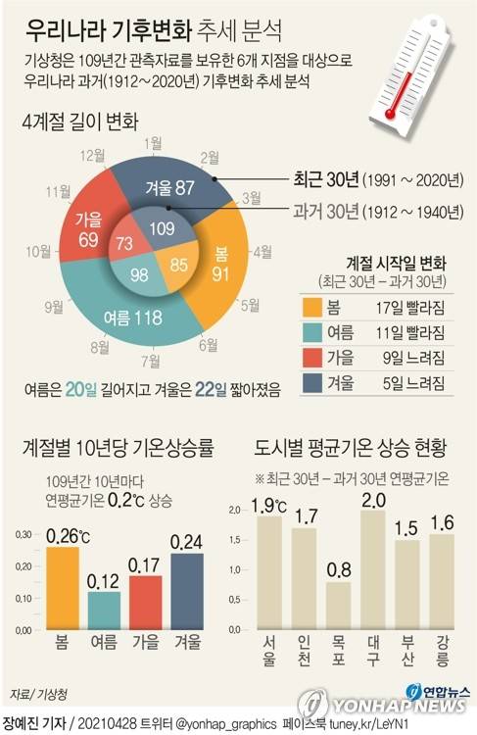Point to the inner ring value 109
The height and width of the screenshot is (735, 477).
tap(162, 227)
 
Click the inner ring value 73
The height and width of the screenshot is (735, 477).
tap(125, 243)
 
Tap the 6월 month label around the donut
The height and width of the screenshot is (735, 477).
tap(208, 344)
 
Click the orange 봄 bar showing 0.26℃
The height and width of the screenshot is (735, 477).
tap(63, 589)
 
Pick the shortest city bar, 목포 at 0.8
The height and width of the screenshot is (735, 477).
tap(338, 605)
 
